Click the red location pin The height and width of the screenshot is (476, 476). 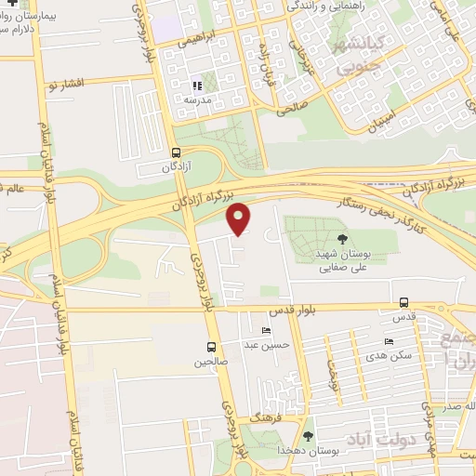tap(239, 218)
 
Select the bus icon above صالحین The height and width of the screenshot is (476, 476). tap(212, 347)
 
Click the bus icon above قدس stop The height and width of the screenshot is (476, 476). tap(403, 302)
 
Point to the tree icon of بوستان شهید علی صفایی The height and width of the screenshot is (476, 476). tap(341, 237)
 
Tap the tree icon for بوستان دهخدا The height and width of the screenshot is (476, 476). tap(308, 435)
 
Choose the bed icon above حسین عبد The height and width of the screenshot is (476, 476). tap(268, 330)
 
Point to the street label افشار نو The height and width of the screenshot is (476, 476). tap(64, 84)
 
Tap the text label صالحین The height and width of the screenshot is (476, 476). tap(210, 362)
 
